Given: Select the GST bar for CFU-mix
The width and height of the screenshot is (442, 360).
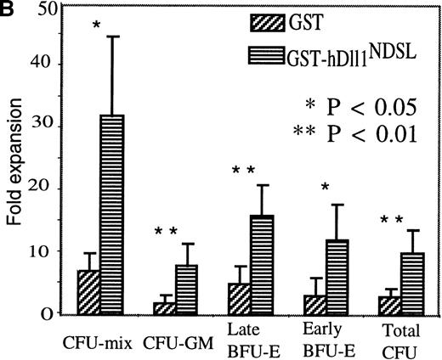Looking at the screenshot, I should coord(88,292).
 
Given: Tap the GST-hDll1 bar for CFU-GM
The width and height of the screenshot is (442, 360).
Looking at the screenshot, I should coord(187,289).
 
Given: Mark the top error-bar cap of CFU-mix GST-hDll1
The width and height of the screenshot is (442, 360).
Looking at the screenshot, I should coord(112,37).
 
